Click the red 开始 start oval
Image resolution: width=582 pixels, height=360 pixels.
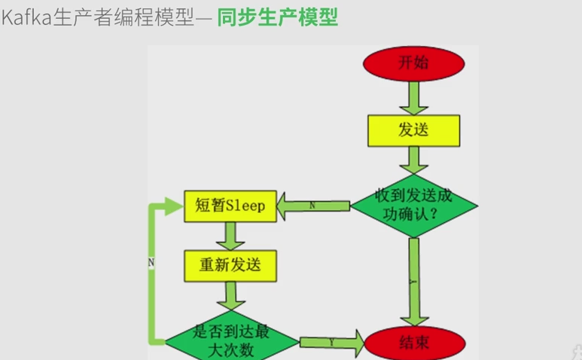413,63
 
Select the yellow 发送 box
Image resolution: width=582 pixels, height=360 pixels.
413,130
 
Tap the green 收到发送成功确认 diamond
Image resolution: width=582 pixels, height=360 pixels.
414,204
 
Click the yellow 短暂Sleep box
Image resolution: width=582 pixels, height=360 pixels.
230,206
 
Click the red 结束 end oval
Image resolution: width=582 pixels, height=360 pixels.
413,343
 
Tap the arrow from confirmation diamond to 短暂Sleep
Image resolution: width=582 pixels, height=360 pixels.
312,205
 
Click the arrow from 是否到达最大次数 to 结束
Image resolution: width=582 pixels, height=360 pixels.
331,342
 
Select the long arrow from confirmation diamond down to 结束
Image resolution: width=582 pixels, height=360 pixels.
413,279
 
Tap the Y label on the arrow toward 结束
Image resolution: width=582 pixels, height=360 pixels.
331,341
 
